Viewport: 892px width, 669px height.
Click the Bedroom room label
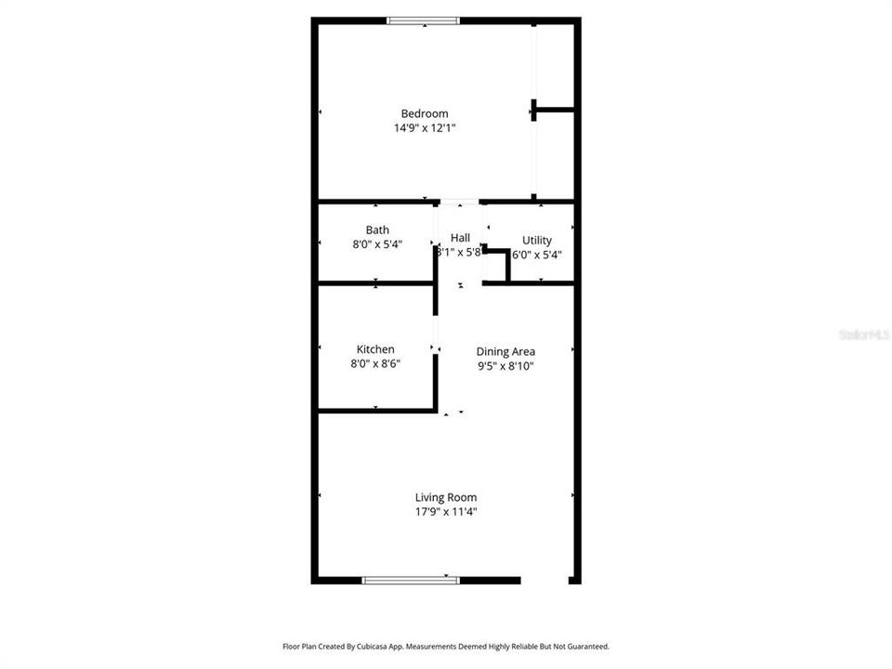[425, 114]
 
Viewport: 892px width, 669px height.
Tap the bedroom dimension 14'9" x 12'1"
[425, 129]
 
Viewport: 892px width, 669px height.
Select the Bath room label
[377, 230]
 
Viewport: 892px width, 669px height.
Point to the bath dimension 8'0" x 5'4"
[377, 244]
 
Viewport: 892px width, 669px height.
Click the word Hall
[460, 238]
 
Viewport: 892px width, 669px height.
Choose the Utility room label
[536, 240]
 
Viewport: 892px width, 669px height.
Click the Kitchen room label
[375, 349]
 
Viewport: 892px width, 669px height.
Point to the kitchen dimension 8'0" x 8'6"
[375, 364]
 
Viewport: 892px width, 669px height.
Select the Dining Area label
[505, 351]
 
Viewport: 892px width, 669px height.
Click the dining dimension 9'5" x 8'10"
[505, 366]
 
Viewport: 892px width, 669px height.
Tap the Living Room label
[446, 497]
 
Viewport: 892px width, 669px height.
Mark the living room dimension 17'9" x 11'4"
[446, 511]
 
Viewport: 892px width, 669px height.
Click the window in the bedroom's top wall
[423, 20]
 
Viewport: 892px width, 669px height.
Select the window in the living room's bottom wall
[411, 580]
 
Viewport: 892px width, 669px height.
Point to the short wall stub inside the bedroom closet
[554, 110]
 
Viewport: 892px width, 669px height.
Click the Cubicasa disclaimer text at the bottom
[446, 646]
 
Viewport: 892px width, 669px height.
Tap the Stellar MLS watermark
[864, 334]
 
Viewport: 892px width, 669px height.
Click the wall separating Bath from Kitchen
[375, 283]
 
